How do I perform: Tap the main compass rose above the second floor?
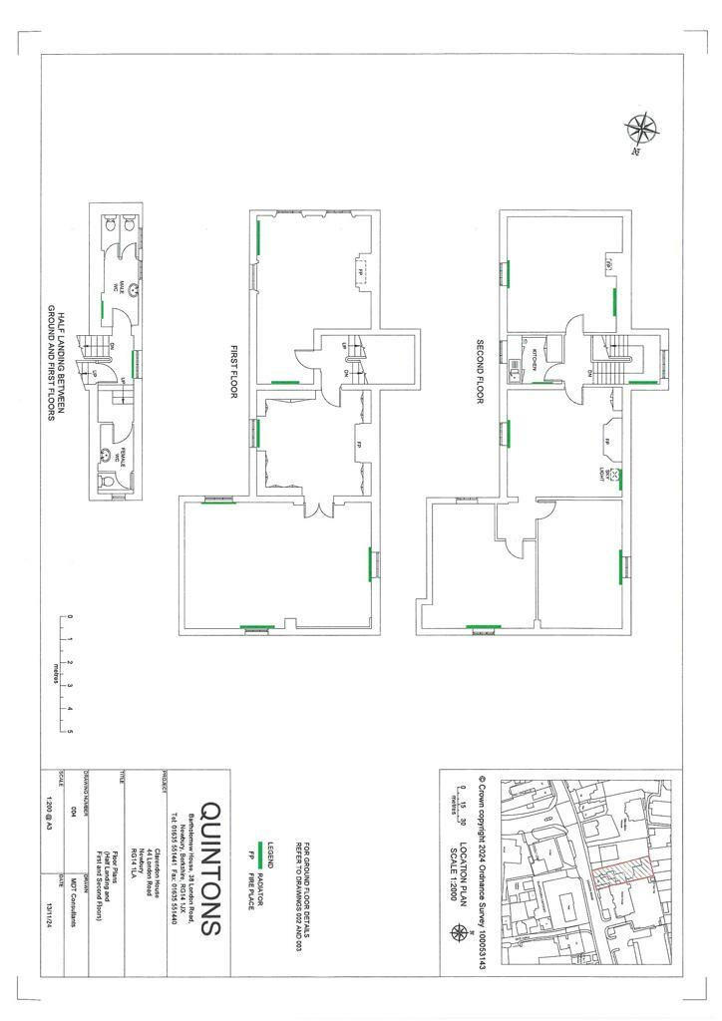pos(639,130)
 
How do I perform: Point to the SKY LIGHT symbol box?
pos(615,475)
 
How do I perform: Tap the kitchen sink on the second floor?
pos(514,372)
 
